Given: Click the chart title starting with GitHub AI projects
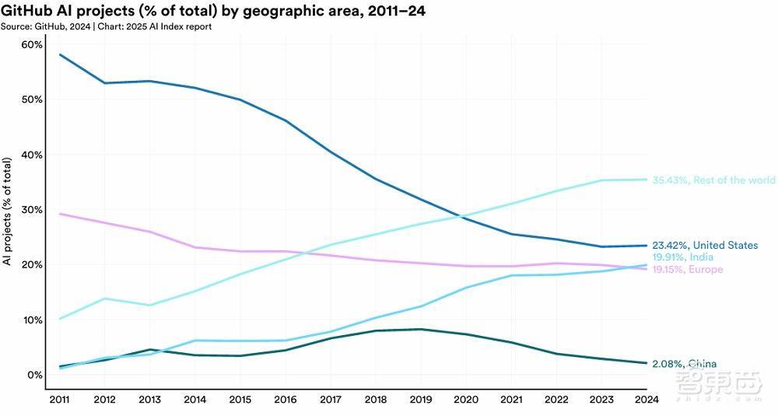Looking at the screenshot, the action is tap(213, 10).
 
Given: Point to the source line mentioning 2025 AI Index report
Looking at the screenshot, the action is tap(106, 26).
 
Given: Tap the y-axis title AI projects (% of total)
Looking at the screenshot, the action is tap(7, 211).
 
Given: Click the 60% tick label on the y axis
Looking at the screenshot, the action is tap(32, 44).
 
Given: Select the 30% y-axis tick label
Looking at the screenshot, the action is tap(32, 210).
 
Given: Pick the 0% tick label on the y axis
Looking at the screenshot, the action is tap(35, 375).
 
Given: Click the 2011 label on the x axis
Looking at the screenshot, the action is tap(59, 399).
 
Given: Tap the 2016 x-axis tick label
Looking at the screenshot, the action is tap(286, 399).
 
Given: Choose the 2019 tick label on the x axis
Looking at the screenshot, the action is tap(421, 399).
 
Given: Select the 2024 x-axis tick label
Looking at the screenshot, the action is tap(647, 399).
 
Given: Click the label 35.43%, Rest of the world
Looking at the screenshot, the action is tap(713, 180).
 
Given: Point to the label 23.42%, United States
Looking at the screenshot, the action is tap(705, 245).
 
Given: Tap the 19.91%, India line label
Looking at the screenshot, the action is tap(683, 257).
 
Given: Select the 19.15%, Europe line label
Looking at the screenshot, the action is tap(687, 269).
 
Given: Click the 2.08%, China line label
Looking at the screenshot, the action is tap(684, 364).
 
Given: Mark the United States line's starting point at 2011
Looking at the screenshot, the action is tap(60, 54).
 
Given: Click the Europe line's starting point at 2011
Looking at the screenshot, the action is tap(60, 214).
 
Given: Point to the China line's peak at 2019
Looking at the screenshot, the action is tap(421, 329).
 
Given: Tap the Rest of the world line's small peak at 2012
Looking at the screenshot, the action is tap(105, 299).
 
